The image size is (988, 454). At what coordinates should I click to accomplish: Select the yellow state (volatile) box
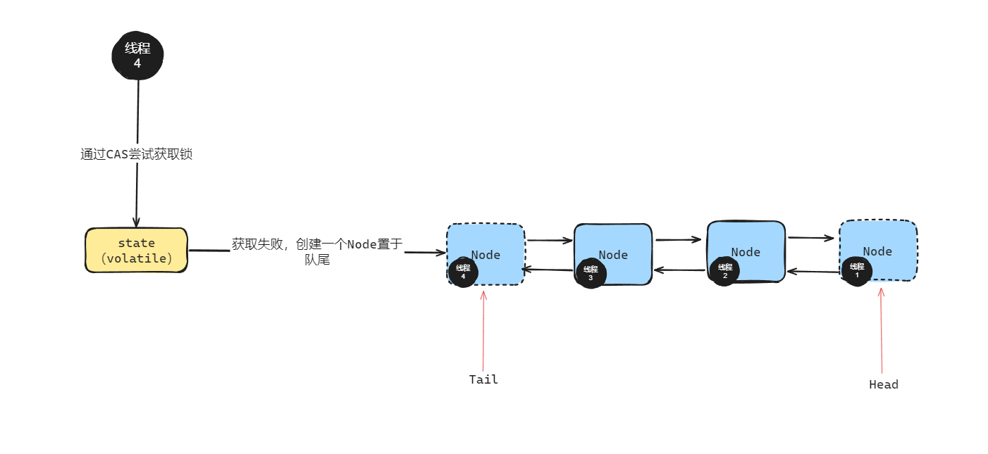(136, 250)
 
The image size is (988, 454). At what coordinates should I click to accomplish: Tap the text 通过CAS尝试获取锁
(136, 154)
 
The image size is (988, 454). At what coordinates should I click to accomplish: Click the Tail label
(483, 379)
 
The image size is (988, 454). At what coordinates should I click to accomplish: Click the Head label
(883, 384)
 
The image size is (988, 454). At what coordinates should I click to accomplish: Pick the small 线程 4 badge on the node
(463, 272)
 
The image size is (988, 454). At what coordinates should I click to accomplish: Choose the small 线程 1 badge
(856, 270)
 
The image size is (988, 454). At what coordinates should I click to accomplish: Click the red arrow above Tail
(483, 331)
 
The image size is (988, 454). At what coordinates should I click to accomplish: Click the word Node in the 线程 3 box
(613, 255)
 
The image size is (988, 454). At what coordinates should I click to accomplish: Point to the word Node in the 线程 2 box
(746, 252)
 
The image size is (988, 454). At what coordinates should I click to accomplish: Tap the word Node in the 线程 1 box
(877, 251)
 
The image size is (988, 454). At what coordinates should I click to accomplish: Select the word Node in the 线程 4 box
(486, 255)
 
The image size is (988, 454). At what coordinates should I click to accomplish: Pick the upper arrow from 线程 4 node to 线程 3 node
(549, 240)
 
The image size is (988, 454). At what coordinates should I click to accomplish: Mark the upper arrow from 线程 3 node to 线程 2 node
(679, 239)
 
